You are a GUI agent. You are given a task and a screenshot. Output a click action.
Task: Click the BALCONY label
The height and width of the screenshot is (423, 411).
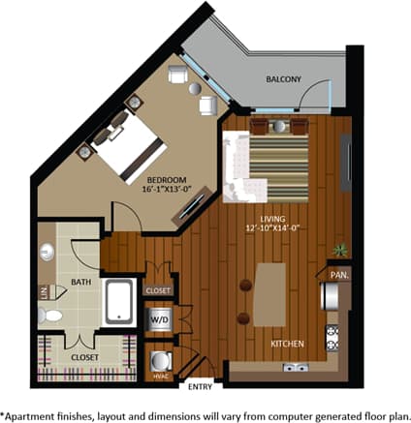pyautogui.click(x=284, y=79)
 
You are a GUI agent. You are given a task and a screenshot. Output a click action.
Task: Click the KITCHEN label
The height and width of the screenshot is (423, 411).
pyautogui.click(x=289, y=344)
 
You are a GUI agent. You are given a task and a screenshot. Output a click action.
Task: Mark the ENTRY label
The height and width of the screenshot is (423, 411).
pyautogui.click(x=200, y=388)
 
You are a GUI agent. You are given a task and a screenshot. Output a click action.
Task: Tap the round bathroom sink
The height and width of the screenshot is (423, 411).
pyautogui.click(x=47, y=254)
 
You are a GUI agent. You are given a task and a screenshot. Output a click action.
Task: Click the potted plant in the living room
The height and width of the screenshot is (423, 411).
pyautogui.click(x=339, y=250)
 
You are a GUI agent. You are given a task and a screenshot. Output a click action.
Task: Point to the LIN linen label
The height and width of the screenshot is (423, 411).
pyautogui.click(x=43, y=291)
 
